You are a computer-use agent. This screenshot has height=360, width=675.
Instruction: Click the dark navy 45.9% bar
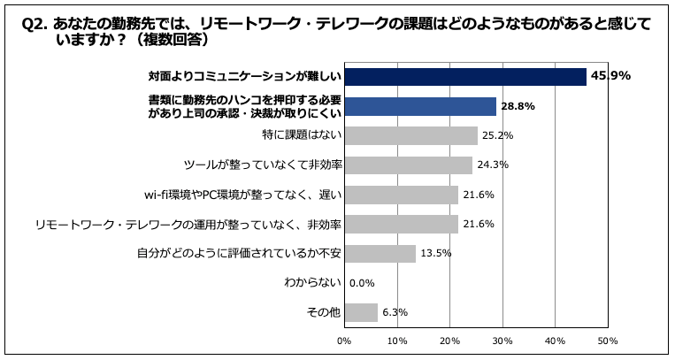(465, 77)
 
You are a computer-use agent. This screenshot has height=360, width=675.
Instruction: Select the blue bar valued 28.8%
(420, 107)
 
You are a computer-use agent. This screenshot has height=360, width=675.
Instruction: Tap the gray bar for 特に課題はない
(410, 136)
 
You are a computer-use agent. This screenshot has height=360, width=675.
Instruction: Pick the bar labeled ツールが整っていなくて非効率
(408, 165)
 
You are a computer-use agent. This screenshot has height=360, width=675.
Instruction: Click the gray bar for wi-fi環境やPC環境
(401, 195)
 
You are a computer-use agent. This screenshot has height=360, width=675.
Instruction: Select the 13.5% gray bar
(380, 254)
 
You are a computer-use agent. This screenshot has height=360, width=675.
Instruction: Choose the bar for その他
(361, 312)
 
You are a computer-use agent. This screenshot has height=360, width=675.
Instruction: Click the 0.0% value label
(363, 283)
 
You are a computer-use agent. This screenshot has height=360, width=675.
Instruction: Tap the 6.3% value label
(395, 312)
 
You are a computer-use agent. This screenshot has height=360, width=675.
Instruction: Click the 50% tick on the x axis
(608, 340)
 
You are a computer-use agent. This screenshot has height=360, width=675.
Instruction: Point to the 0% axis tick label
(344, 340)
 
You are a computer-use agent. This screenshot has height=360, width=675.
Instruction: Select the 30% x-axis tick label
(502, 340)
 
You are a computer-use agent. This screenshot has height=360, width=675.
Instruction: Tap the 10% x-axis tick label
(397, 340)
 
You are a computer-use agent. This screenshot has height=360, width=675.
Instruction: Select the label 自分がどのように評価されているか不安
(239, 254)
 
